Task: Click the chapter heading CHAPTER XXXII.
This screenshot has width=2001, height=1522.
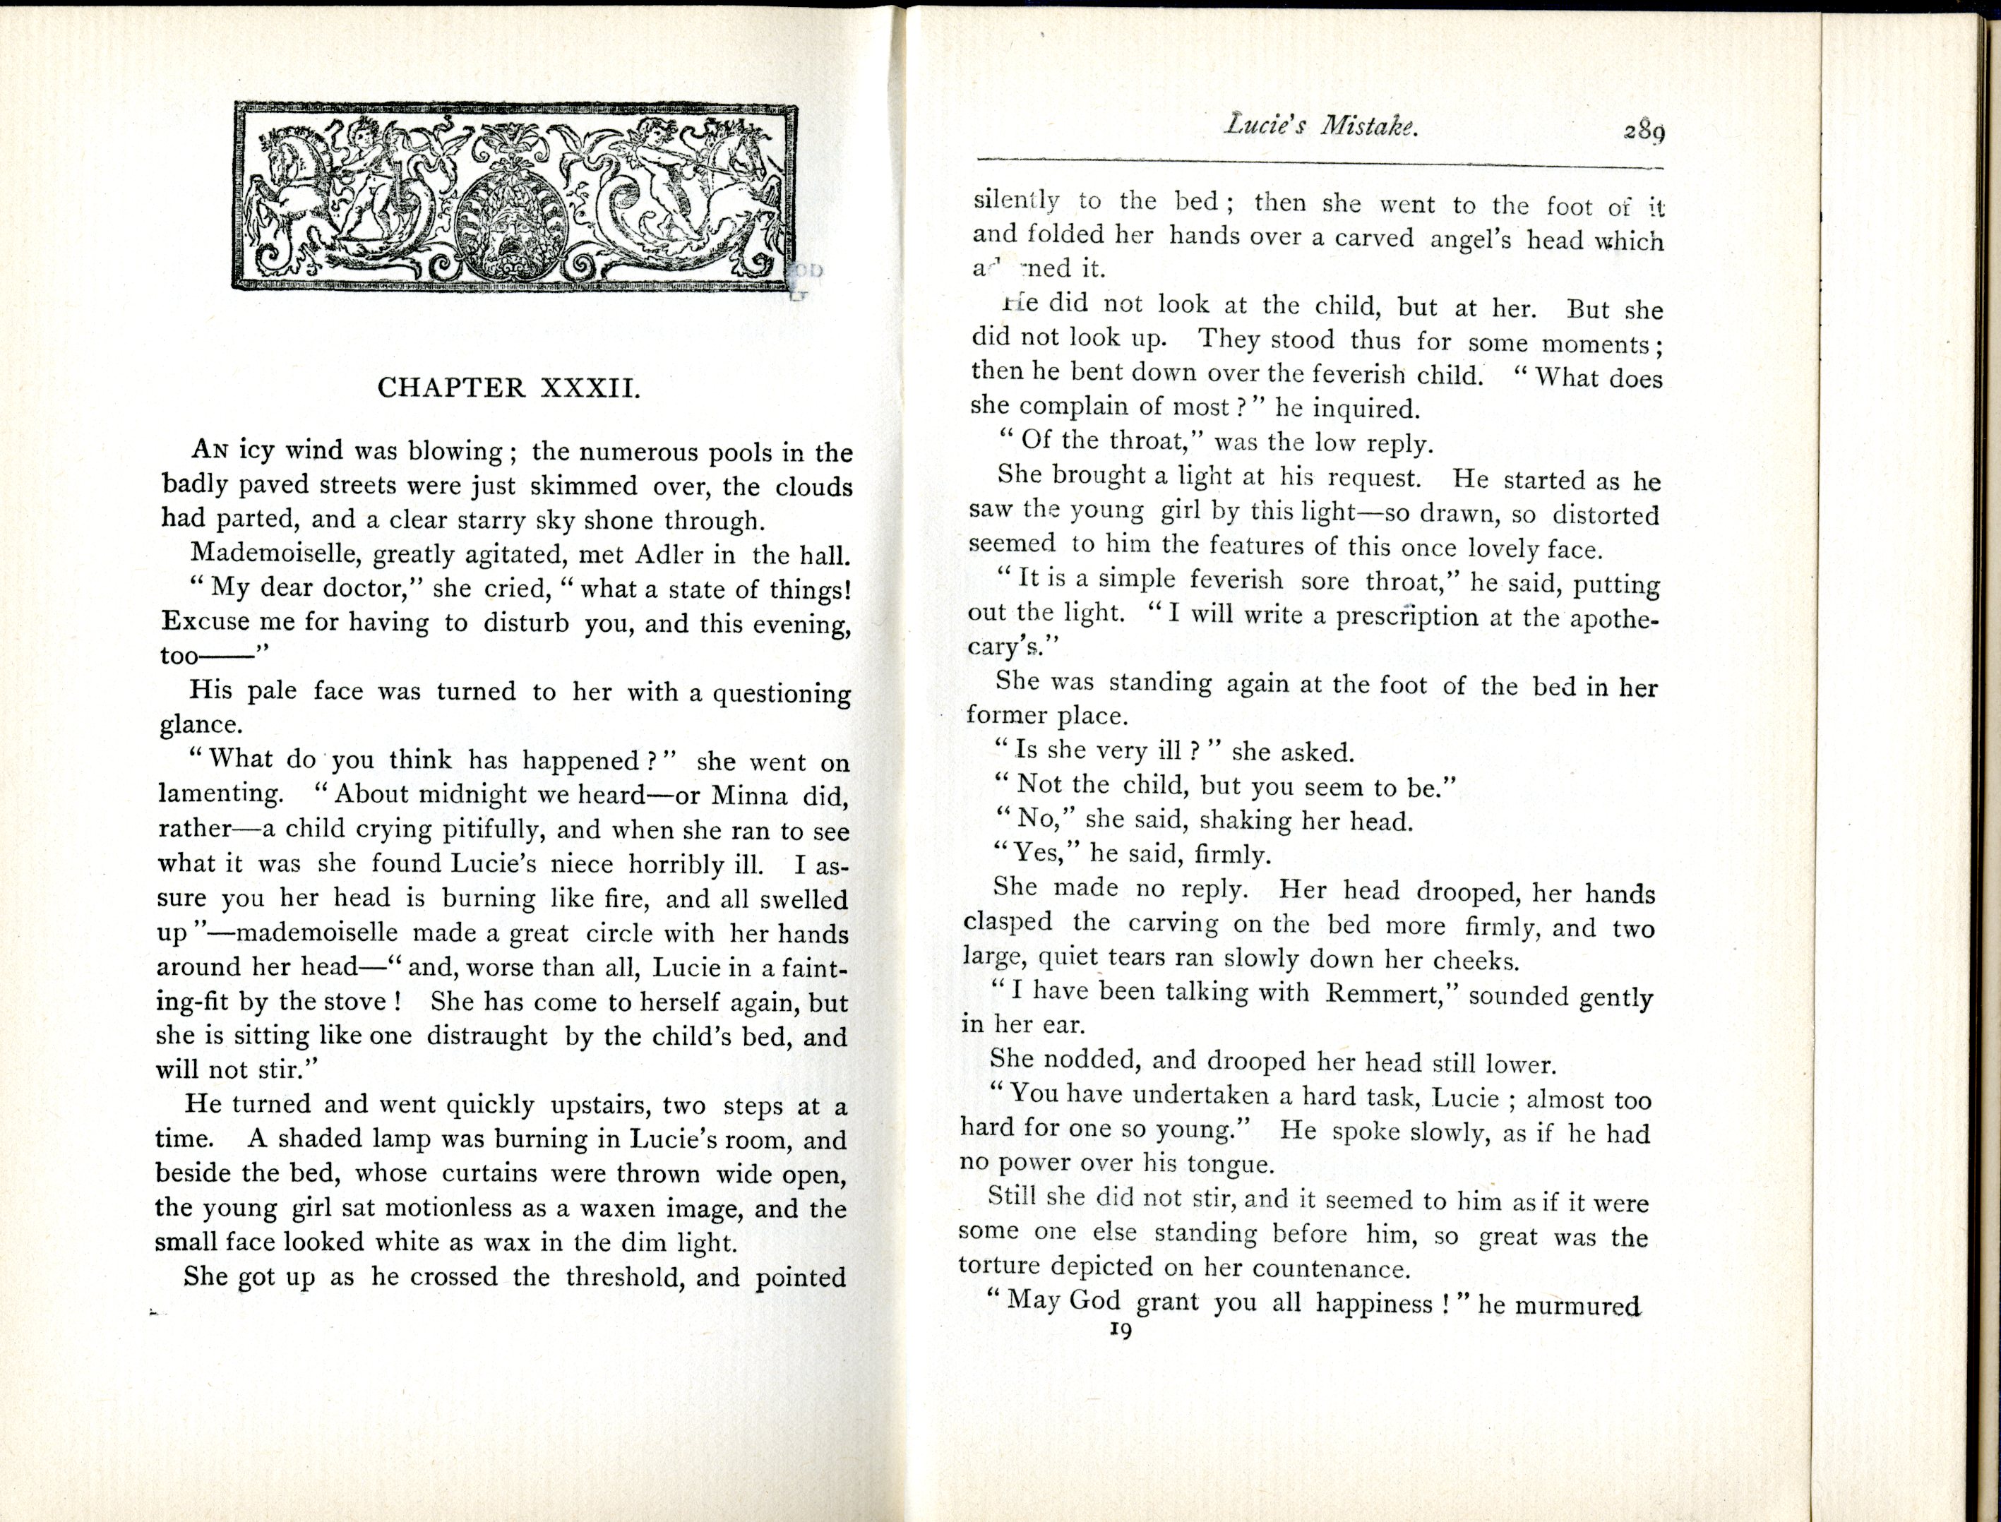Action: click(x=509, y=388)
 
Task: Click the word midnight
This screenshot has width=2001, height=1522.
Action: click(x=466, y=794)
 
